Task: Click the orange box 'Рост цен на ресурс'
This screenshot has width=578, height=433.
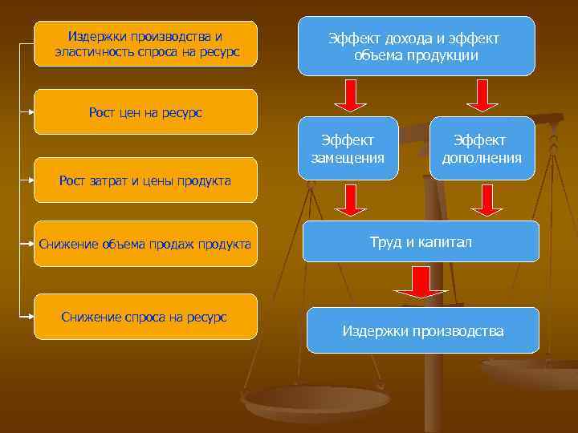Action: [145, 112]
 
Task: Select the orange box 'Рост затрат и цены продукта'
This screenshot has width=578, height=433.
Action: [145, 180]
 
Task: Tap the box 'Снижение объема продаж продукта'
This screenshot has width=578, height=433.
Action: [145, 244]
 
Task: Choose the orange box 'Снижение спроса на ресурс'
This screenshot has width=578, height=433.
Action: [145, 317]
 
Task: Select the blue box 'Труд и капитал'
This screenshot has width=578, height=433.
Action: [421, 241]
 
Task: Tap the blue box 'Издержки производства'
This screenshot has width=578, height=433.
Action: [423, 330]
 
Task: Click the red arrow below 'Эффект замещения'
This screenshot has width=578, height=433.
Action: [351, 200]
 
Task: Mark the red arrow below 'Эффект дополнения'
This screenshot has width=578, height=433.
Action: [486, 200]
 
